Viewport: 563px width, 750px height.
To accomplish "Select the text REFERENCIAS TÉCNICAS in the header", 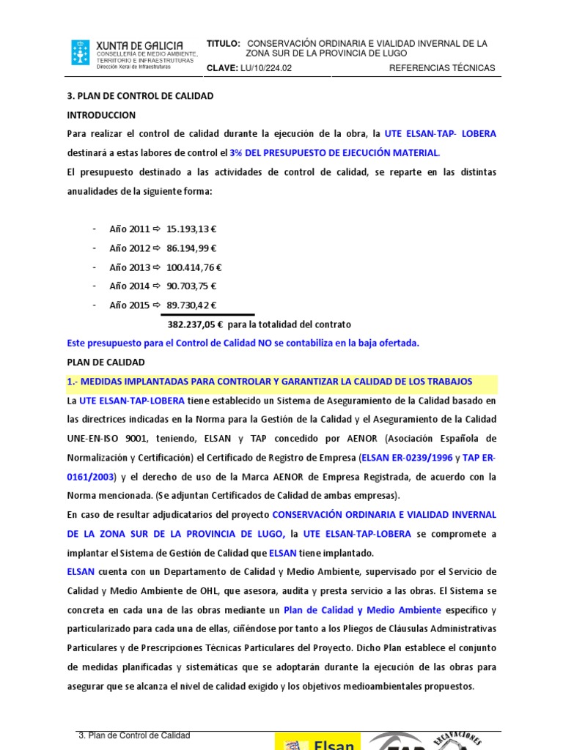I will [441, 68].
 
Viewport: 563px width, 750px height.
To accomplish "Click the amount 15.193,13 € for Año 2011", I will [191, 229].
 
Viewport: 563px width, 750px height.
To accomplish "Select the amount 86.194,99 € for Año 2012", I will [191, 248].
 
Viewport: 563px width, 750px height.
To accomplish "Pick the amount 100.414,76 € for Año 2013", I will [194, 267].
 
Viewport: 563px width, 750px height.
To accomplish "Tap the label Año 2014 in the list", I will [130, 286].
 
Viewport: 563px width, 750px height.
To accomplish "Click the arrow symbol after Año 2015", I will [156, 305].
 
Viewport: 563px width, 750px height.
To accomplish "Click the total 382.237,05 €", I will [196, 324].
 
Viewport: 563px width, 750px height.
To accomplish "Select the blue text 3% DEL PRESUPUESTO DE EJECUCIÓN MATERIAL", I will [335, 153].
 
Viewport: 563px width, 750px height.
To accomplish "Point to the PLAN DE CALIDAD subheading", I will [106, 363].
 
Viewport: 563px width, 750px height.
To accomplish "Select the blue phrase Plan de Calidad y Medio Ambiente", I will [362, 610].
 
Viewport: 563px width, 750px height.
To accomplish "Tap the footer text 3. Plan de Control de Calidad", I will [134, 735].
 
